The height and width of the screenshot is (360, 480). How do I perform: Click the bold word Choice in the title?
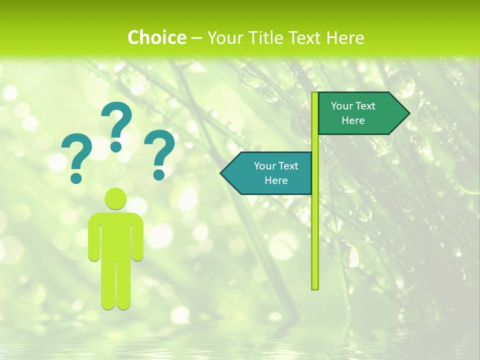click(x=156, y=37)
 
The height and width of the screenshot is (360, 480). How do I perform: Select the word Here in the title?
click(x=345, y=37)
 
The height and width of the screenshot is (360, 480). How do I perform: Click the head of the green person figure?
click(x=115, y=199)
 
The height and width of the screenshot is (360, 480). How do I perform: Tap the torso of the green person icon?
click(x=115, y=235)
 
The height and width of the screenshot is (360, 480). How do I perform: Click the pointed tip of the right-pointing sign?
click(x=408, y=113)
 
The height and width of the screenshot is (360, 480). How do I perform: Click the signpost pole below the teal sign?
click(x=314, y=240)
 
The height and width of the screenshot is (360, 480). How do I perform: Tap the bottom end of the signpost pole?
click(x=314, y=287)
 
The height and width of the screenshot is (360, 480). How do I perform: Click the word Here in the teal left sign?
click(x=276, y=180)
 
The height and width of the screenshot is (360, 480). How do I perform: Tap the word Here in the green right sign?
click(x=353, y=120)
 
